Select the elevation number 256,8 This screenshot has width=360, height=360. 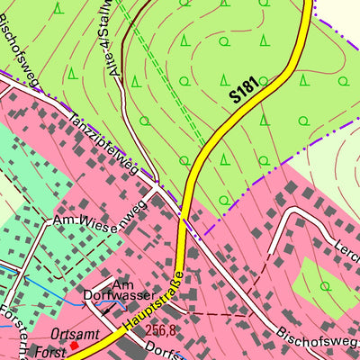pos(160,331)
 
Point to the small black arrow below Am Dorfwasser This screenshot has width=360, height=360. pos(107,308)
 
